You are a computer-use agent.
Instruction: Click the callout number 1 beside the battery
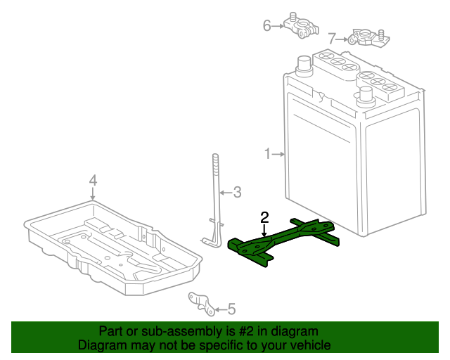pos(268,153)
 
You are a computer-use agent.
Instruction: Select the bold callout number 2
pos(264,217)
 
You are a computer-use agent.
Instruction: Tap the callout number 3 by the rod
pos(237,191)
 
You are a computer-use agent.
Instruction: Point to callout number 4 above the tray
pos(93,182)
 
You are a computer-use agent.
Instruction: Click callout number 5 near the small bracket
pos(232,309)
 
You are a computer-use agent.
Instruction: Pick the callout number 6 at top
pos(267,26)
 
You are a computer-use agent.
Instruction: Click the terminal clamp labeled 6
pos(300,26)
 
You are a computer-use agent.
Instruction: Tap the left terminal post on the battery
pos(304,65)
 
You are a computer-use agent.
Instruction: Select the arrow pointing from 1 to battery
pos(278,153)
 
